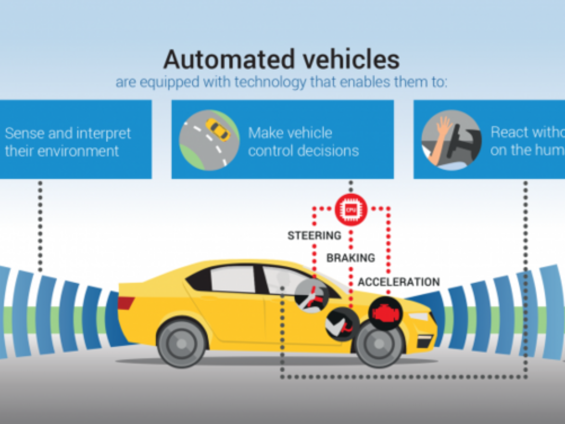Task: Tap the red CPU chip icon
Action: point(351,210)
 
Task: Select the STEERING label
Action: point(314,236)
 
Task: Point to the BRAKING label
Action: point(350,258)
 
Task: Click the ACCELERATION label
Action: point(399,282)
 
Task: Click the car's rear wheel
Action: point(182,343)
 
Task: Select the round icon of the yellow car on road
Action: point(209,140)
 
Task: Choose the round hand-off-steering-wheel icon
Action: point(451,140)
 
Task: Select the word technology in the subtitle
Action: point(270,82)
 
